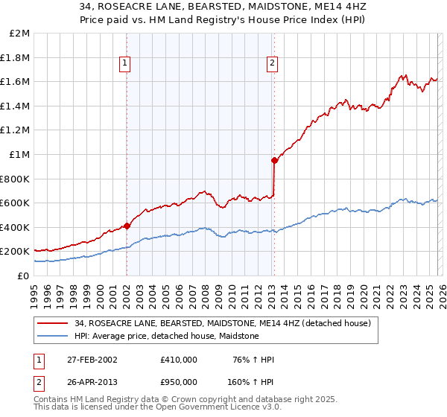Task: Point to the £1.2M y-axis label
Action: (16, 130)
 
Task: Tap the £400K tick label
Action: (16, 227)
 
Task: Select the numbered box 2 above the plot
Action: (273, 64)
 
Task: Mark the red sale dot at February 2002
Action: (127, 226)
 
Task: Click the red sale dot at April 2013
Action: (274, 160)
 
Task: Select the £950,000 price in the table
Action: (179, 381)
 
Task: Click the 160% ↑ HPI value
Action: (252, 381)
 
